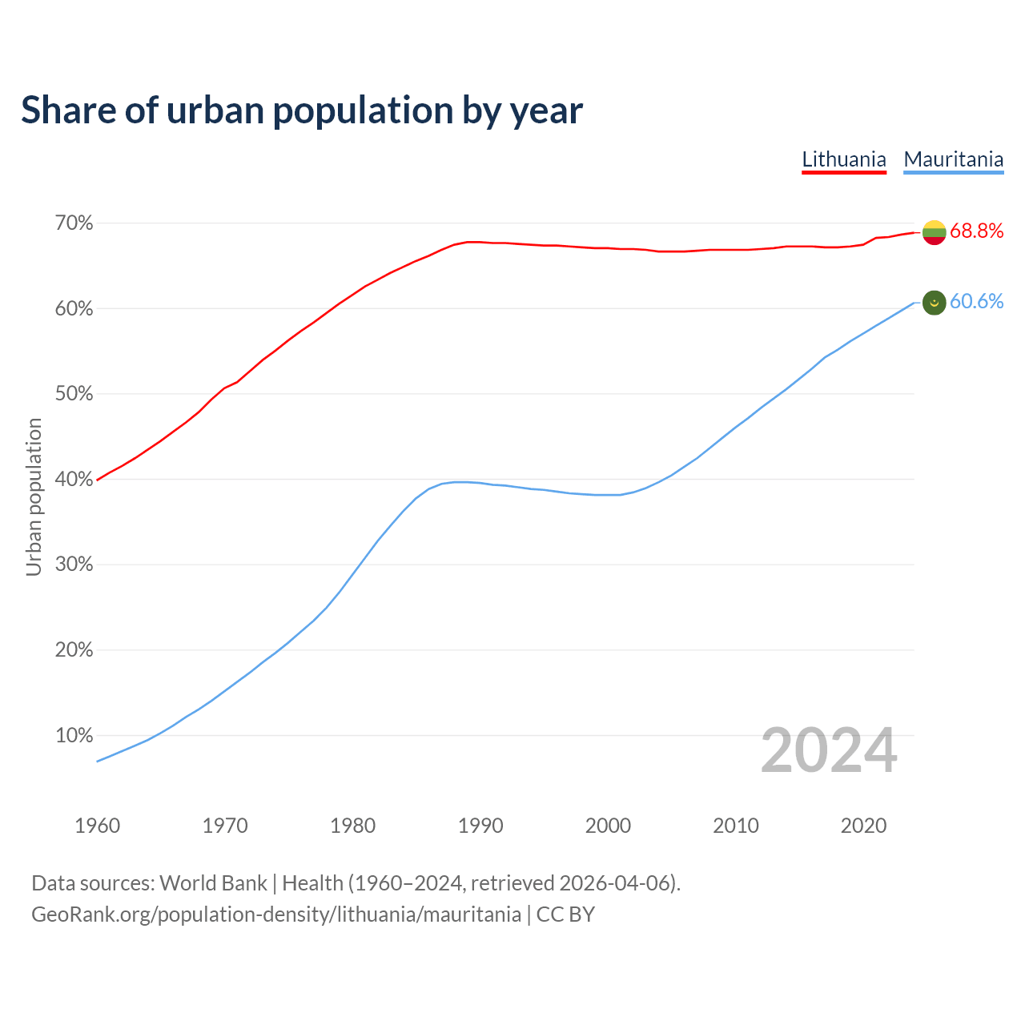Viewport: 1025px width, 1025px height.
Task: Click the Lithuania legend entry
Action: (844, 159)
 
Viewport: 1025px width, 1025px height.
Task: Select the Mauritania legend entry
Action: (953, 159)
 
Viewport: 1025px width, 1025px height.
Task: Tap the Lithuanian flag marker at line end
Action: (935, 232)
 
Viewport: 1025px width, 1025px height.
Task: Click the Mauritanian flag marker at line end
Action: (935, 303)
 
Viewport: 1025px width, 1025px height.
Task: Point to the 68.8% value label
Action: (976, 231)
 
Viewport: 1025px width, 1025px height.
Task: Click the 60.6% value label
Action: (976, 302)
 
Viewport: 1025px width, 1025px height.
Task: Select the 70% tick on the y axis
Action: (74, 223)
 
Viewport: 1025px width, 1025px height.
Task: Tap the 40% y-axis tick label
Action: (74, 480)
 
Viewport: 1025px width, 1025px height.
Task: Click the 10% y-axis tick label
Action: (74, 736)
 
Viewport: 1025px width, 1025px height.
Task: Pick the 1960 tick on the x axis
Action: (97, 826)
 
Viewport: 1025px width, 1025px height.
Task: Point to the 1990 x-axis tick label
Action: (480, 826)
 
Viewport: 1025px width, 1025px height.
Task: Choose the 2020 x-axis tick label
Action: (863, 826)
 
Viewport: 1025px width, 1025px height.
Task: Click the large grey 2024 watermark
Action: (829, 751)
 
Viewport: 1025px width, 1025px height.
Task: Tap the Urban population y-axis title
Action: (34, 496)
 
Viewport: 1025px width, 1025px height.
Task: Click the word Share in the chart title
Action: (67, 111)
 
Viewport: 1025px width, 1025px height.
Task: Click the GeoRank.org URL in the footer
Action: (275, 914)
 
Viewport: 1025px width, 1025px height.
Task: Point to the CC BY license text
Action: (565, 914)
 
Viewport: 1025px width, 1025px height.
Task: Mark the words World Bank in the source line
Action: (213, 883)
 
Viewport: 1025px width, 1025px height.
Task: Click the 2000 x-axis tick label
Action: (608, 826)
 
